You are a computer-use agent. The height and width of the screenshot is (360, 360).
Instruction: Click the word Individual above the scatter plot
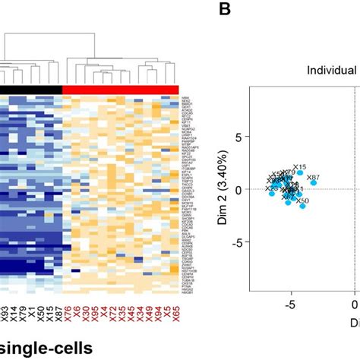point(332,71)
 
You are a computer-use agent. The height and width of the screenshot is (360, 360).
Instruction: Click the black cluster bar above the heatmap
point(30,90)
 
